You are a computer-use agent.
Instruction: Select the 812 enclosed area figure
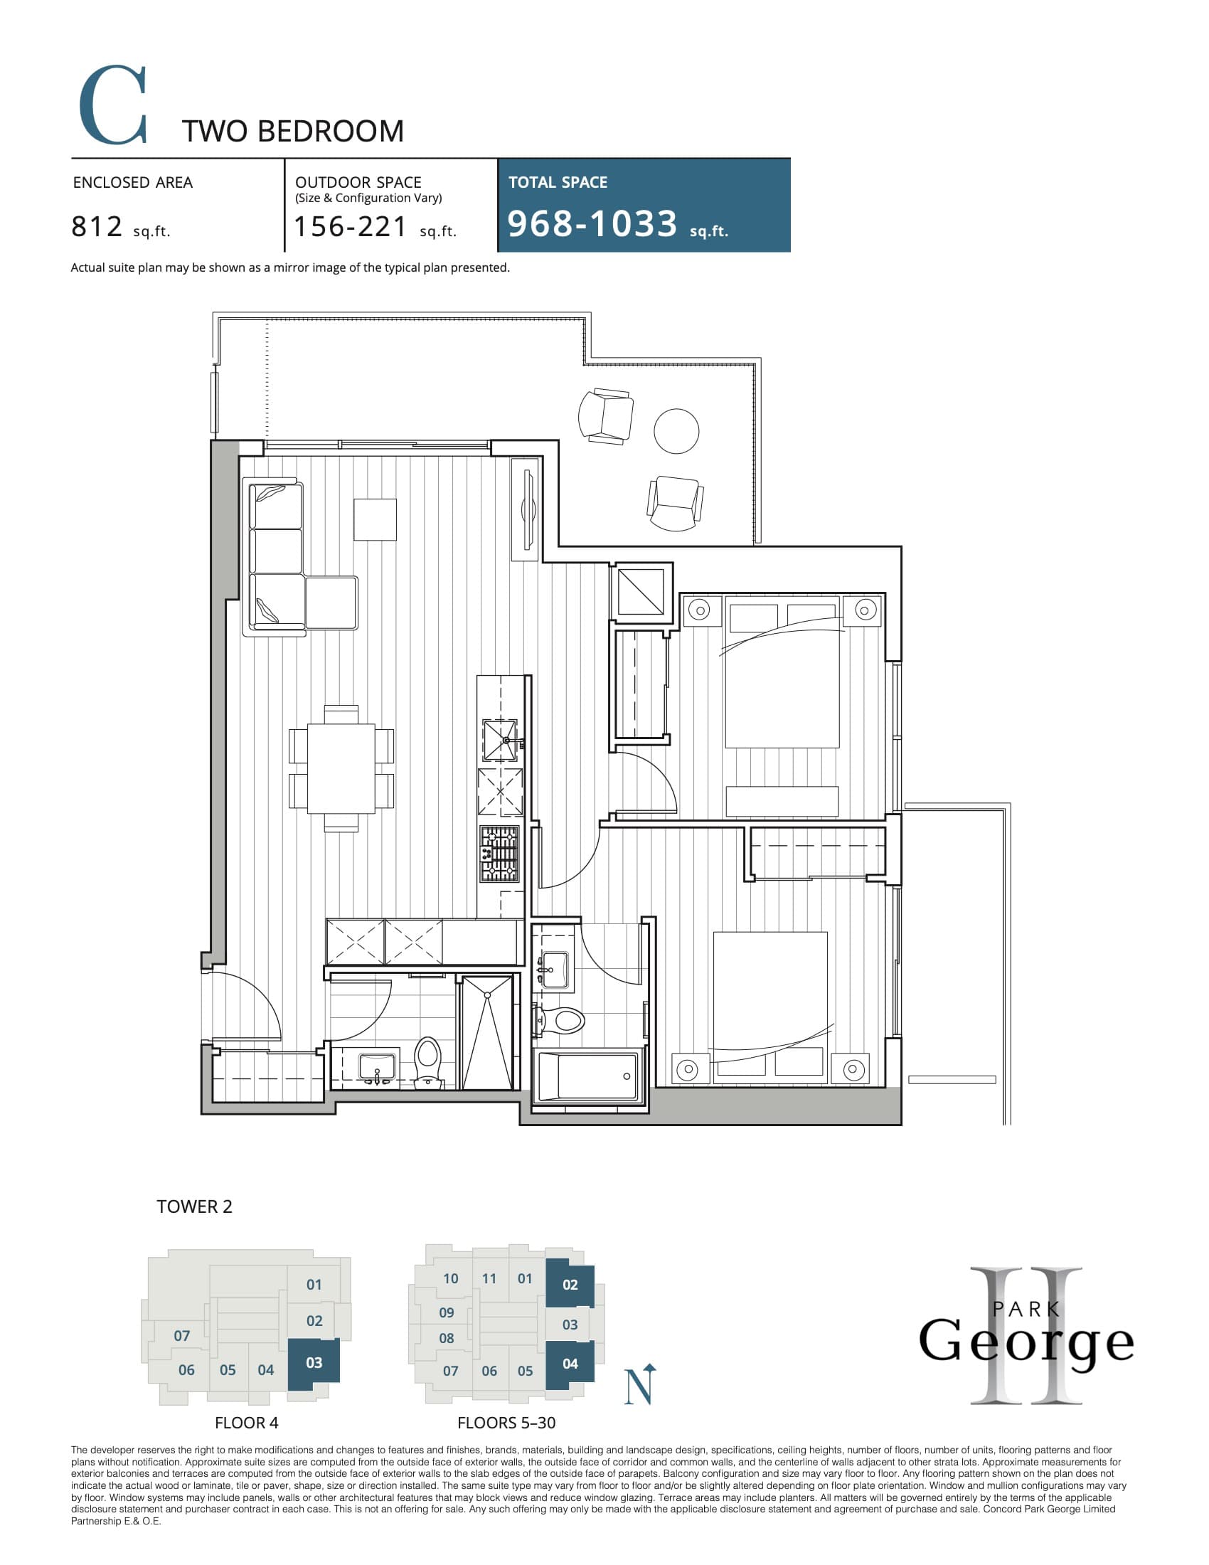97,227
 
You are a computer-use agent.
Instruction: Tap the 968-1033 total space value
592,223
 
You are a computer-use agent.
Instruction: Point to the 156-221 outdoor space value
351,227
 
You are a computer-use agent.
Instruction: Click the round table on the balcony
676,430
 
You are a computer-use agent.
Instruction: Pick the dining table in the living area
341,768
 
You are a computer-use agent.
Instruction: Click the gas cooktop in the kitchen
499,854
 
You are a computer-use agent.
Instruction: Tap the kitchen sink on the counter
500,741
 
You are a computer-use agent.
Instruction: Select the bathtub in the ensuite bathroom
587,1076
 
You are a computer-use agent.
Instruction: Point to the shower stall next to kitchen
487,1032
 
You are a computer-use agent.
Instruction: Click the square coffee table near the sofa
375,519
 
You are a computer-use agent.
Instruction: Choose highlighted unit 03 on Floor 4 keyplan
314,1363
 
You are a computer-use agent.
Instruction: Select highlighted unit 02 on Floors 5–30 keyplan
570,1285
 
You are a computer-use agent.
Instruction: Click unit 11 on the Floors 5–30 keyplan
489,1278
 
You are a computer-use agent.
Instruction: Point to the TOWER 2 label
194,1206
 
